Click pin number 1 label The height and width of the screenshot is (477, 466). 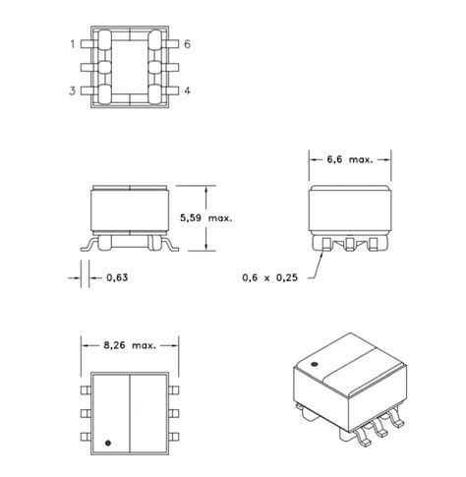pos(73,44)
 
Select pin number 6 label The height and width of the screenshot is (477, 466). pos(186,44)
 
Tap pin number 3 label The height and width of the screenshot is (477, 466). pos(73,92)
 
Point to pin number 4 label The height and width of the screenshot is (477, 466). pos(186,92)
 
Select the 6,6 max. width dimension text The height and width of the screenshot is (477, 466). pos(349,158)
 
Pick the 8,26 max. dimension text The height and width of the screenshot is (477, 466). pos(130,345)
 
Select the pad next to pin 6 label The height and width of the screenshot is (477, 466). pos(157,44)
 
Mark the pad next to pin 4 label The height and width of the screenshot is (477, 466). pos(157,92)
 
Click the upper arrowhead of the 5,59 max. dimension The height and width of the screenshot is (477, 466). pos(205,189)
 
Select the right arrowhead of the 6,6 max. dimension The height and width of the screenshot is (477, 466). pos(388,158)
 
